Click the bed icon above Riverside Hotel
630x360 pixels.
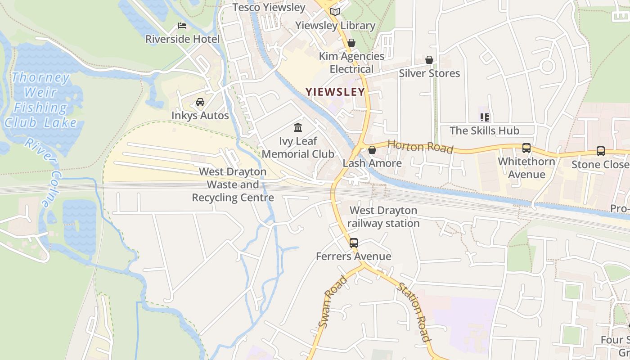[182, 26]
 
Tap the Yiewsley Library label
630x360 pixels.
[335, 26]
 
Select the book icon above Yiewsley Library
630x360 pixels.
[335, 12]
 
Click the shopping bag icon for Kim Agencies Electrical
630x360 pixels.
[351, 43]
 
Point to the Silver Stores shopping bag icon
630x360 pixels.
[429, 60]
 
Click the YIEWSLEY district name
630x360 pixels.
[335, 92]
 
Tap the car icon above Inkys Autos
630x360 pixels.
[200, 102]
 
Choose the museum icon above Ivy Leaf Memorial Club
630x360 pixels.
[298, 127]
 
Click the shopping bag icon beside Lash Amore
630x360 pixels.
[372, 150]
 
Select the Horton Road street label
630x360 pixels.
[420, 146]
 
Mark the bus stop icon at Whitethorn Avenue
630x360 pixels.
[526, 148]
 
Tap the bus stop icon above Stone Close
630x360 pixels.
[601, 151]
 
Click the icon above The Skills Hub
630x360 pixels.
[485, 117]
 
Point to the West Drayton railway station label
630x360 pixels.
[383, 217]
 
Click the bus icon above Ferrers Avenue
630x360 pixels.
[354, 243]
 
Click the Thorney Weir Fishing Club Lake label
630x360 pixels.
[41, 99]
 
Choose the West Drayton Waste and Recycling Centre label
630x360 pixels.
[233, 184]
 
